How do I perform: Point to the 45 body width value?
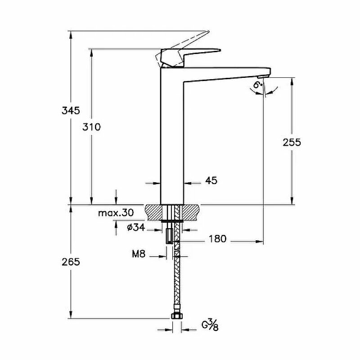coord(211,181)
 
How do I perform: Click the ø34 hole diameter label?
coord(135,228)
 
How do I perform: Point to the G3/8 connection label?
coord(210,325)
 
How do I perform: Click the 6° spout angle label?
coord(258,84)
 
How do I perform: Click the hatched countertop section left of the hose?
coord(155,211)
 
